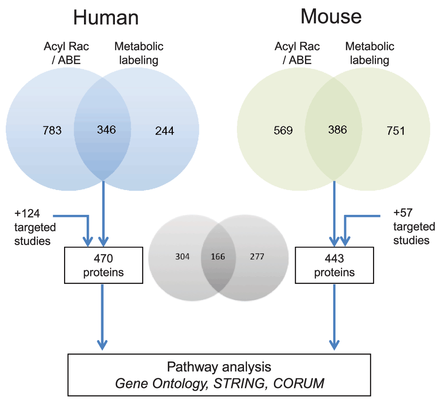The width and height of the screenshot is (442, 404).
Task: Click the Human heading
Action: [x=106, y=18]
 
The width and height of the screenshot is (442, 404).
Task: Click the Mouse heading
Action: [x=331, y=16]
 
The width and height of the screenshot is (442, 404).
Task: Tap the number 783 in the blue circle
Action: [x=52, y=131]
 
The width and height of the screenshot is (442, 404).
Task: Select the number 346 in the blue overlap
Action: [x=107, y=130]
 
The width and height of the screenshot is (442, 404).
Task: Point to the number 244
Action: [x=164, y=131]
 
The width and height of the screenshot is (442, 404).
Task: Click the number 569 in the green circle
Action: [x=283, y=131]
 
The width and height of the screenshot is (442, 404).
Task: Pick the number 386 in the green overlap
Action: [x=337, y=130]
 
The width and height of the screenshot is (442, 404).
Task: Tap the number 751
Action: [x=396, y=131]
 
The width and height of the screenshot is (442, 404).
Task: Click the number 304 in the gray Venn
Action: [x=183, y=256]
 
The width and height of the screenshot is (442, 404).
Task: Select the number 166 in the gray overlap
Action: [x=218, y=256]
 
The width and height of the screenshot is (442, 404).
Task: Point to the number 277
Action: [x=257, y=256]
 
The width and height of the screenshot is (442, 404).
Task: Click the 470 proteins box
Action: [x=103, y=265]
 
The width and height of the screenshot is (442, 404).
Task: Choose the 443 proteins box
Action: [x=334, y=265]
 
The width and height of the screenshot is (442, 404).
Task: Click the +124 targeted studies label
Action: [x=35, y=227]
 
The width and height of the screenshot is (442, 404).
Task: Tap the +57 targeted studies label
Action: [x=414, y=226]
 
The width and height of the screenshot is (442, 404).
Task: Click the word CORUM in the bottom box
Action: [x=298, y=383]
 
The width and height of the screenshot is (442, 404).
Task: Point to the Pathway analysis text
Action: [x=219, y=367]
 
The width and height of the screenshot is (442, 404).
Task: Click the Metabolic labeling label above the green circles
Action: [x=370, y=53]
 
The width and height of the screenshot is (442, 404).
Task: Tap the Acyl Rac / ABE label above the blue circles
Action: [x=66, y=53]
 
